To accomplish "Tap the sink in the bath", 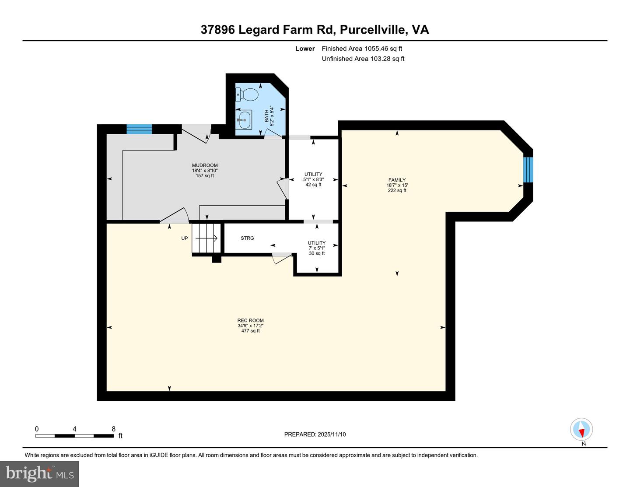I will pyautogui.click(x=244, y=119).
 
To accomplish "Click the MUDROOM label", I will pyautogui.click(x=205, y=165).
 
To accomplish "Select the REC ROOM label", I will pyautogui.click(x=250, y=320).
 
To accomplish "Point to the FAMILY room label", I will pyautogui.click(x=397, y=180).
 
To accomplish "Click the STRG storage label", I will pyautogui.click(x=247, y=238).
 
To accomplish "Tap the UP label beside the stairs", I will pyautogui.click(x=185, y=238).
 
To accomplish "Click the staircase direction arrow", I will pyautogui.click(x=206, y=238).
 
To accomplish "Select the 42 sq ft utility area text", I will pyautogui.click(x=313, y=185).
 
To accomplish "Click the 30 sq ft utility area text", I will pyautogui.click(x=317, y=253).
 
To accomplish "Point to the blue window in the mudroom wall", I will pyautogui.click(x=139, y=129).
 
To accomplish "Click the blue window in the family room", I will pyautogui.click(x=528, y=169).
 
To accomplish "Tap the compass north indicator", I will pyautogui.click(x=581, y=430).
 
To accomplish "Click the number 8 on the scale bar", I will pyautogui.click(x=114, y=429).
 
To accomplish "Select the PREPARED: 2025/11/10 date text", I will pyautogui.click(x=315, y=434).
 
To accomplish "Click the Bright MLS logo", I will pyautogui.click(x=39, y=473).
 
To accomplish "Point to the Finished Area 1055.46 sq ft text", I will pyautogui.click(x=362, y=49).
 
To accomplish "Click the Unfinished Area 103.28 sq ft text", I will pyautogui.click(x=363, y=59).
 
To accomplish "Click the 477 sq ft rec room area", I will pyautogui.click(x=250, y=331).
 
